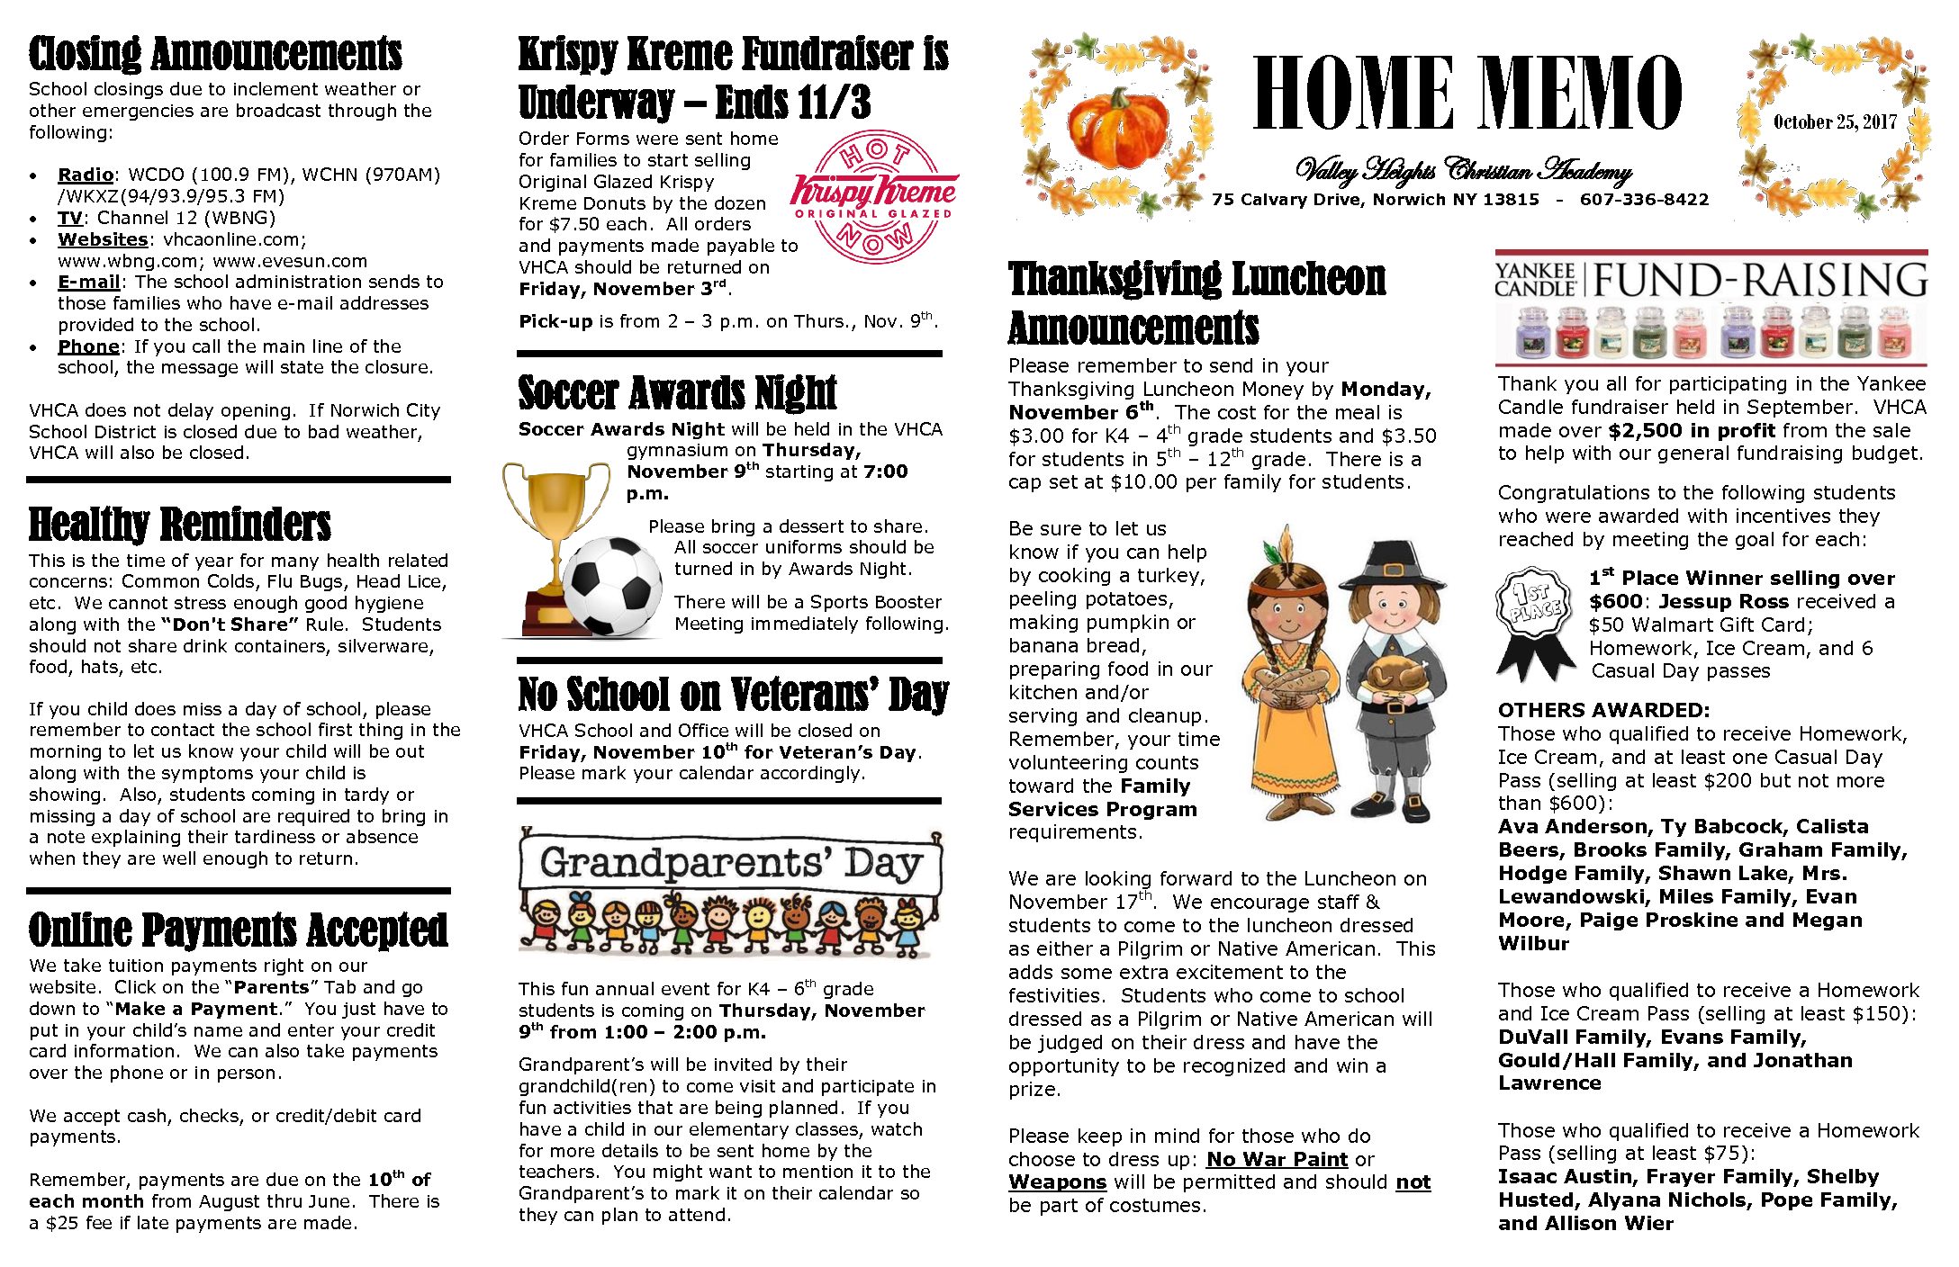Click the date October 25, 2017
1835,121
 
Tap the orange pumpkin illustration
1117,128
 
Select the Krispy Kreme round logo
873,196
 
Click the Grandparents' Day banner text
730,863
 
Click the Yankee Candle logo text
1535,280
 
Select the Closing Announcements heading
215,54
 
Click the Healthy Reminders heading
179,525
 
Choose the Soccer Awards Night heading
677,392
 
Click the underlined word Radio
85,175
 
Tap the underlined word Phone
88,346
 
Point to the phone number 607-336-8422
1644,200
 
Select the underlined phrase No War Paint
1277,1159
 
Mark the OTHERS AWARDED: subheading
1603,710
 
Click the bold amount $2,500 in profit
1692,430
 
